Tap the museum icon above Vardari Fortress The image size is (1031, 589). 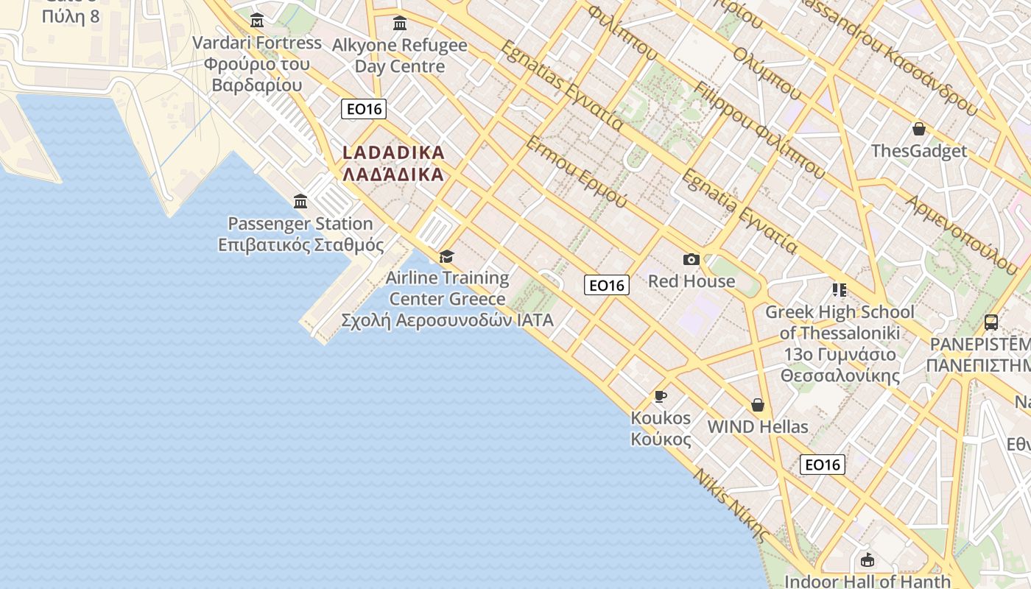[x=257, y=20]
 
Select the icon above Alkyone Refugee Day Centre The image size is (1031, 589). [x=400, y=24]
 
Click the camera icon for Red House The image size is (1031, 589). [x=691, y=259]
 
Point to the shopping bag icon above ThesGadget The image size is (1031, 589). [x=919, y=130]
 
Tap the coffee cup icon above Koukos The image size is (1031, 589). [x=661, y=396]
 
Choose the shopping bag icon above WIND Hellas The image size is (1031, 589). [x=758, y=405]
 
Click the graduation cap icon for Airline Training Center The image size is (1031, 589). [x=446, y=256]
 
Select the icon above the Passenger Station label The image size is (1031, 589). [x=300, y=201]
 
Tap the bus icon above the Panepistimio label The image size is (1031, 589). [x=991, y=322]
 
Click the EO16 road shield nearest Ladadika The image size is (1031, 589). [x=365, y=109]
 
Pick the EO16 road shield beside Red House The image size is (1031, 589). [x=607, y=285]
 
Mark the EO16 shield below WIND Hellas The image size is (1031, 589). [x=823, y=465]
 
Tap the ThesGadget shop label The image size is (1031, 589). [x=919, y=152]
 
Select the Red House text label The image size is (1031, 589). [x=691, y=281]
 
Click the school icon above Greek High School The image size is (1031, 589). [x=840, y=290]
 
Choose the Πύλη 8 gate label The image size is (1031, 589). [x=71, y=16]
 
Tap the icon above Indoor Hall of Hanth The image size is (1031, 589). [x=868, y=560]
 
